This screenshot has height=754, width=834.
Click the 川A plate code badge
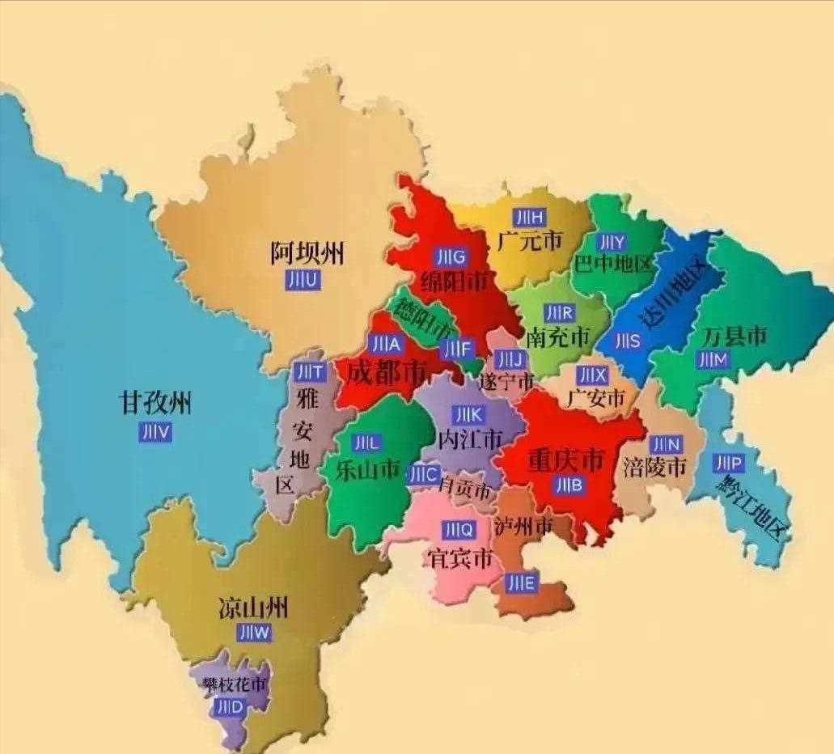(384, 344)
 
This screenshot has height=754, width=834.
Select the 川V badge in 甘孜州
(155, 432)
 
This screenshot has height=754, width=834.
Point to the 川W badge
(255, 633)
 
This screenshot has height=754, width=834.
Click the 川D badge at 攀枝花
(230, 706)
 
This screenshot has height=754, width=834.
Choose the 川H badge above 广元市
(530, 216)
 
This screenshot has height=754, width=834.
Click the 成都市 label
(387, 373)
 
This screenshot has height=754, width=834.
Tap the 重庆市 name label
(565, 460)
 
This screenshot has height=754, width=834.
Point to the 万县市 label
(735, 335)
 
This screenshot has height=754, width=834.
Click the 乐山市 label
(368, 469)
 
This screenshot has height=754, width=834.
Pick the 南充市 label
(558, 337)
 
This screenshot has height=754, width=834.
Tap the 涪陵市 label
(654, 467)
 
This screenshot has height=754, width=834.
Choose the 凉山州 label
(253, 608)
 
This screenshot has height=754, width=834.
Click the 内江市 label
(469, 439)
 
